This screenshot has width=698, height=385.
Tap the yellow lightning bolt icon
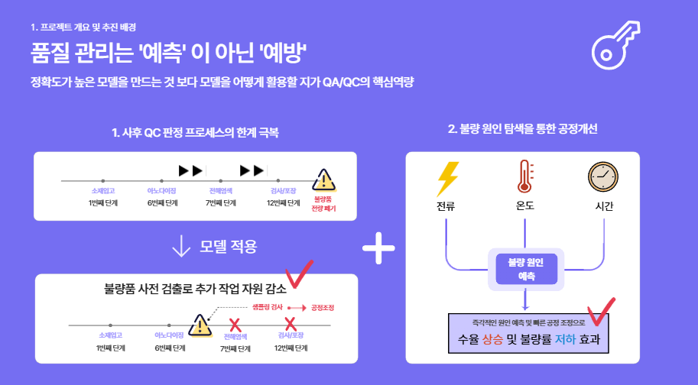446,179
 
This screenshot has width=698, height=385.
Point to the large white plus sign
378,250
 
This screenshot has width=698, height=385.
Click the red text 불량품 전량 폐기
323,204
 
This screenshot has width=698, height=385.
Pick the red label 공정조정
323,308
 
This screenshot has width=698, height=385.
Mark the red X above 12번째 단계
290,325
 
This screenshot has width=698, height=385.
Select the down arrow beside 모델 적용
181,247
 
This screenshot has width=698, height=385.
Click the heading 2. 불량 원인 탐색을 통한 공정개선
522,129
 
